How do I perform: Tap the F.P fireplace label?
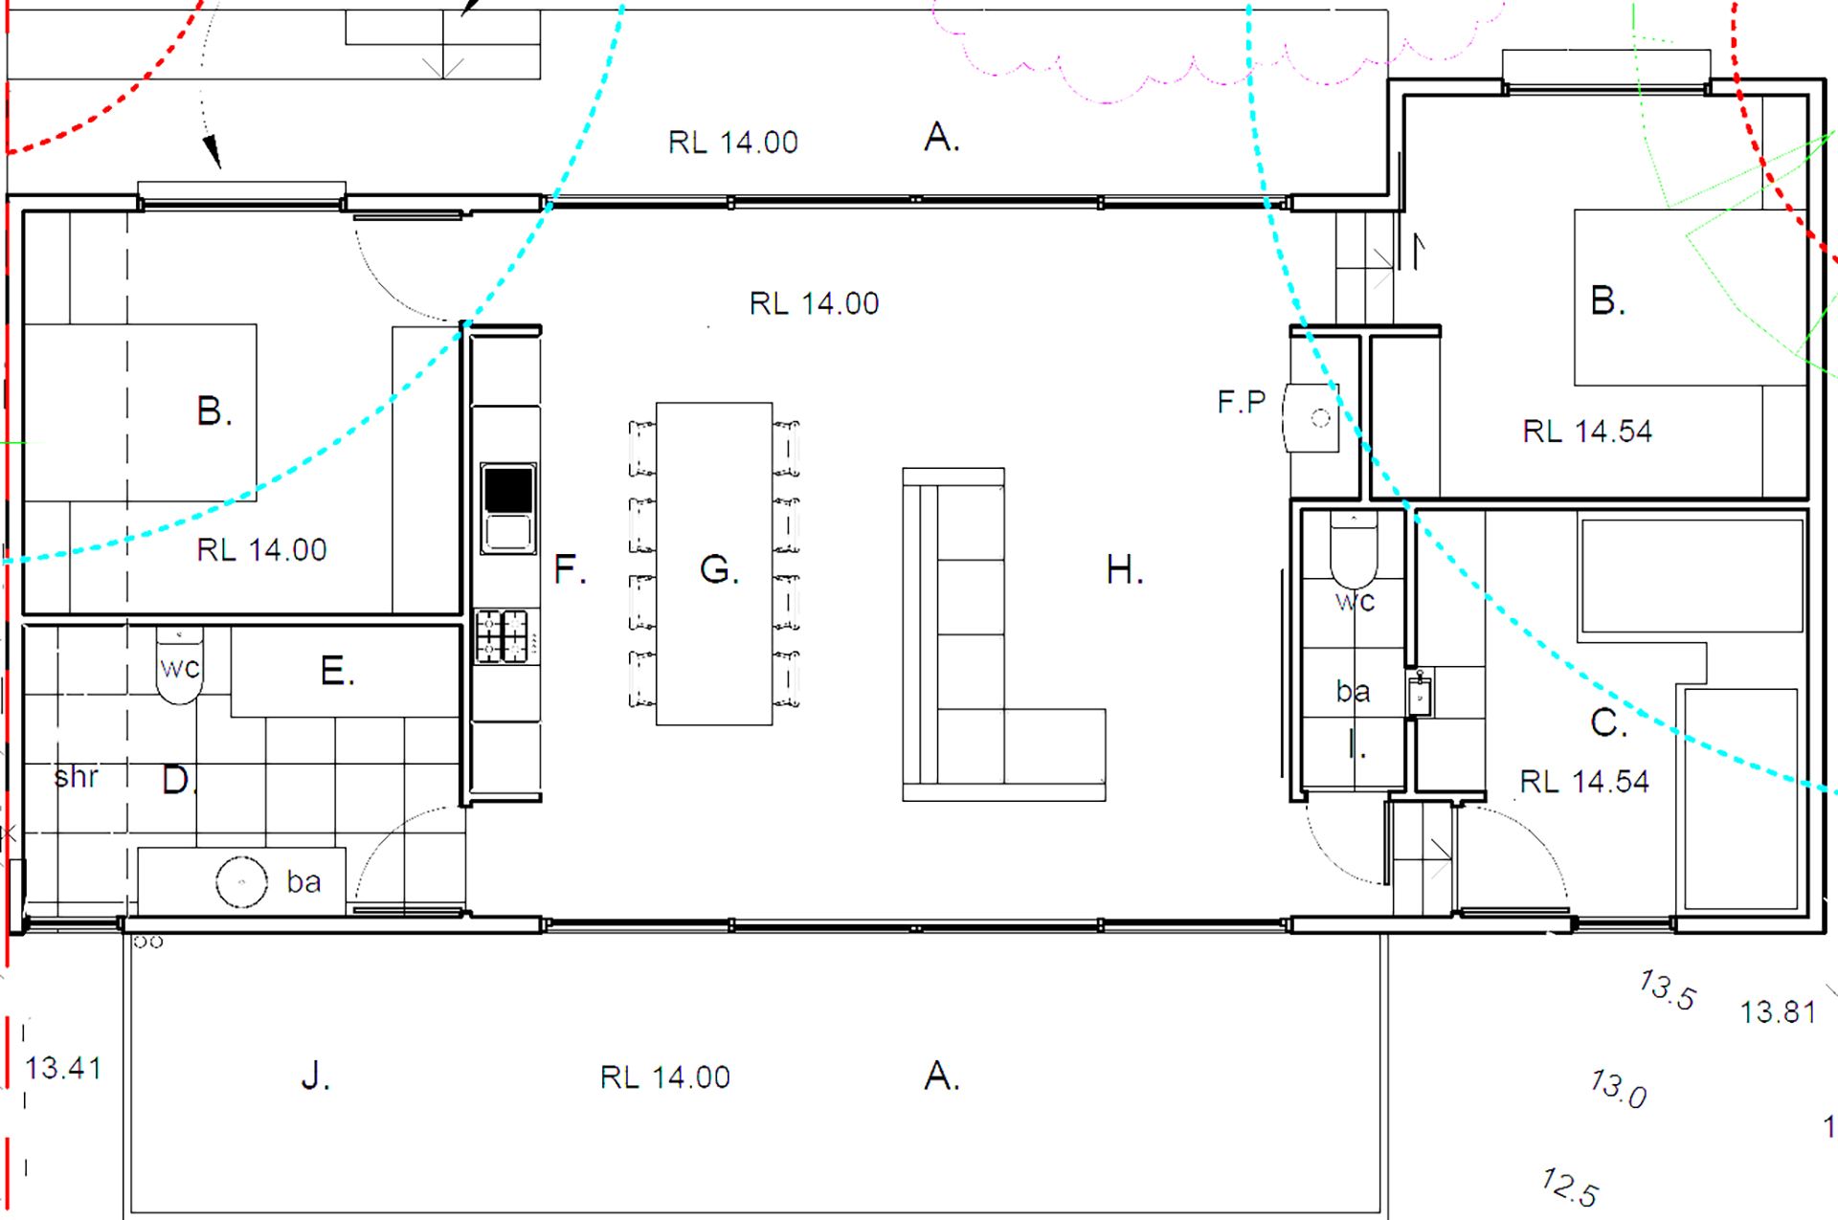1241,402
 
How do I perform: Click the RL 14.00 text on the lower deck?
664,1077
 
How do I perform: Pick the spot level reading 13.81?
1778,1011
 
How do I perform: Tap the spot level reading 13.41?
63,1067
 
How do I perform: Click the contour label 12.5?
1570,1187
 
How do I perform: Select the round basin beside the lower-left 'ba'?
241,881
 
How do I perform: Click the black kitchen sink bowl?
507,489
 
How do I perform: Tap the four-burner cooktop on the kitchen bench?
502,637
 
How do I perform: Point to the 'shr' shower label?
77,776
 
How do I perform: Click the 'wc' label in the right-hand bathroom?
1356,602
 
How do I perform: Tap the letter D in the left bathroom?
175,781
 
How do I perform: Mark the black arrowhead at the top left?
212,151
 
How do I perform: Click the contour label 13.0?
1619,1088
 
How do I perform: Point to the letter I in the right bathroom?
1353,743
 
